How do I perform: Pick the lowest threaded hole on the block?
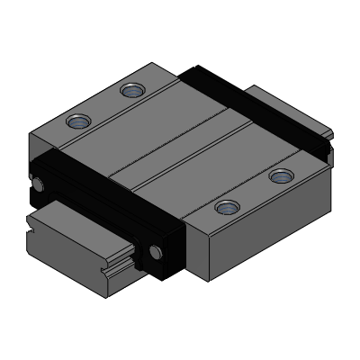click(x=225, y=208)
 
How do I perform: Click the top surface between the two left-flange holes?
click(x=103, y=106)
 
